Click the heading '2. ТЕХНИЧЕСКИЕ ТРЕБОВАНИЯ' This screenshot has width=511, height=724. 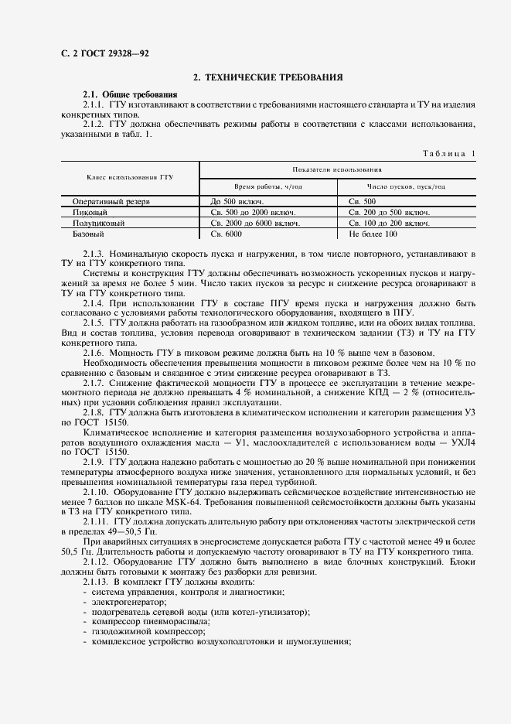(268, 77)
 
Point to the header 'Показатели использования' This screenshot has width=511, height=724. (336, 169)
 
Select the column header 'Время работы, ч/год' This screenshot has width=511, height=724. (267, 186)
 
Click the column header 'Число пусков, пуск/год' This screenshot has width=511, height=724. (407, 186)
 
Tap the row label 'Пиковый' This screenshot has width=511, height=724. (90, 212)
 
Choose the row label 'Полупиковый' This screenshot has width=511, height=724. (98, 223)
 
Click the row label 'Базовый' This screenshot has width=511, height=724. (89, 234)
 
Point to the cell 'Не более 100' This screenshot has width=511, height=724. (373, 234)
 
